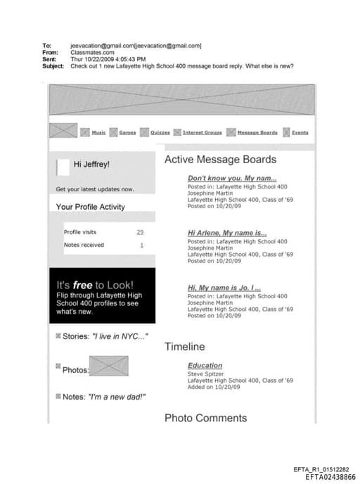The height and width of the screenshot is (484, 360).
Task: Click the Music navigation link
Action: coord(98,132)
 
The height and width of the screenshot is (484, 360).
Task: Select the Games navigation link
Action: coord(127,132)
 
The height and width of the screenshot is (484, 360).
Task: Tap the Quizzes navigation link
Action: coord(160,132)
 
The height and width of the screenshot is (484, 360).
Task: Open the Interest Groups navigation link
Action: coord(202,132)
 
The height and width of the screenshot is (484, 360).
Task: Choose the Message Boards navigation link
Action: coord(257,132)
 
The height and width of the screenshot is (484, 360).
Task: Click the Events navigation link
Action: coord(300,132)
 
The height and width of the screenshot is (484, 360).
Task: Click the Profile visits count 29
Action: coord(140,232)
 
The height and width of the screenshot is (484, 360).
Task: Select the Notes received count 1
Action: coord(141,245)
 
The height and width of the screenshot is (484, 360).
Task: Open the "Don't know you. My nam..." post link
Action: coord(232,178)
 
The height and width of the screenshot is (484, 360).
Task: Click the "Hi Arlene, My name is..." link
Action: coord(227,233)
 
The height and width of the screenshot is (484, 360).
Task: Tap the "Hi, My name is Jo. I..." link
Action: coord(224,288)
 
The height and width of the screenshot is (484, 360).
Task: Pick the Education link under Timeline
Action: coord(205,365)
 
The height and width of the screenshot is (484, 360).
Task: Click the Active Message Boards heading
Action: coord(220,160)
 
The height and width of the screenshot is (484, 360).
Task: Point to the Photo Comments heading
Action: coord(205,418)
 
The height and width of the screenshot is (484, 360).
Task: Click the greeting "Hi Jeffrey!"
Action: coord(91,165)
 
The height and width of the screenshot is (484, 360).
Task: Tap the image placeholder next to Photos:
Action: coord(109,366)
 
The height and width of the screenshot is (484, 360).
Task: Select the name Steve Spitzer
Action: coord(205,374)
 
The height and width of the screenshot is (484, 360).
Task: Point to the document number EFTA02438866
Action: coord(330,477)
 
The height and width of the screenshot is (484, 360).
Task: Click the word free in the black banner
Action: coord(83,285)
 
